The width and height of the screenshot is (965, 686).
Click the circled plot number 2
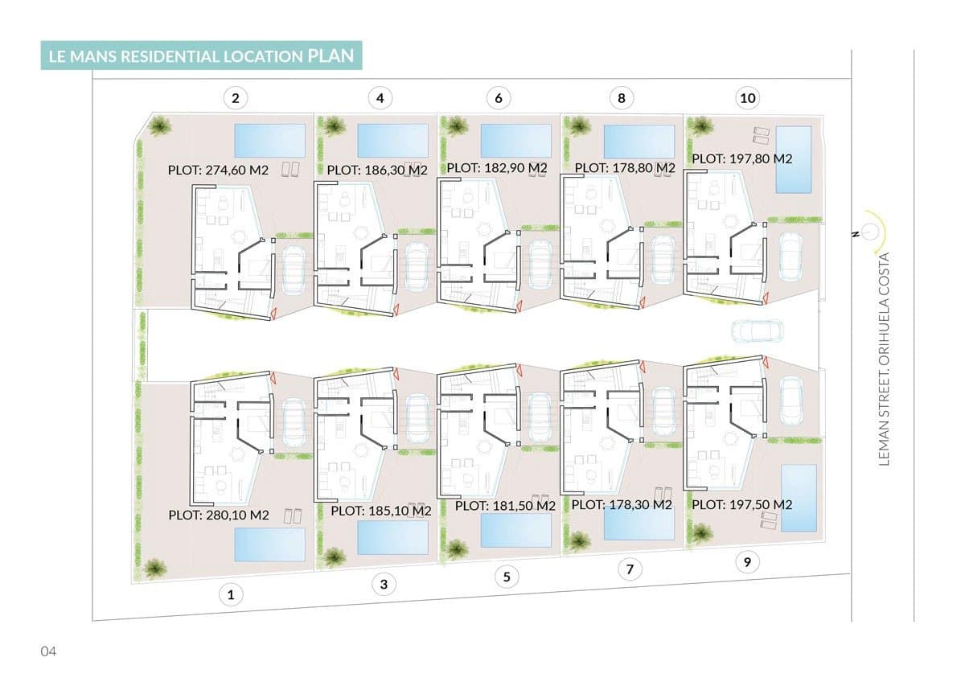[235, 99]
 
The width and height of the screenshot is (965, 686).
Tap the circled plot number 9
[748, 563]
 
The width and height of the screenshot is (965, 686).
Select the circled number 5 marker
[506, 577]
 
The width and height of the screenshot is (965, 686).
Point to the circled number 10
[748, 98]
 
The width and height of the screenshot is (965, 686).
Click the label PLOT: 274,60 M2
[218, 170]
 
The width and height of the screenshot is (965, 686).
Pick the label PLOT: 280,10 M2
[219, 516]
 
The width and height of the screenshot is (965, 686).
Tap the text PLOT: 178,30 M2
[622, 505]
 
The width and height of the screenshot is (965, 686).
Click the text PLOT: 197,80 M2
[742, 159]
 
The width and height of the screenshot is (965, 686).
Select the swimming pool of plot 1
[269, 544]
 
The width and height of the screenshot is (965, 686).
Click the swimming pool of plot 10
[795, 159]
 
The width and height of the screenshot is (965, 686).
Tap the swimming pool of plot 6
[515, 141]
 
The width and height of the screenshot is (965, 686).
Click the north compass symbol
[869, 232]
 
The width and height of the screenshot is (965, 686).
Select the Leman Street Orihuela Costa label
[885, 359]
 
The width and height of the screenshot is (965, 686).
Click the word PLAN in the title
[330, 55]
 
